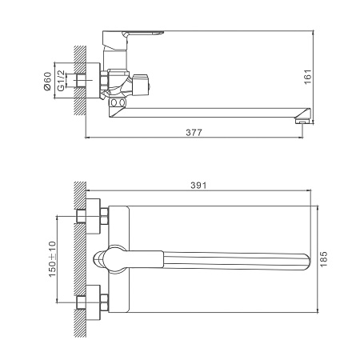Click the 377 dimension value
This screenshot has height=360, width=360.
pos(194,133)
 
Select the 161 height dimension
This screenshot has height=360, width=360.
pos(308,77)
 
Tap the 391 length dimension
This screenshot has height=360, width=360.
pos(198,186)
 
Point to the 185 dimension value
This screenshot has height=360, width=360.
pos(323,259)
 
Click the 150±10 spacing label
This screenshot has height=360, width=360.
pos(53,259)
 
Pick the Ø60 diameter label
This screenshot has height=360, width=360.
pos(48,81)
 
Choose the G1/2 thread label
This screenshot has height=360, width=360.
pos(61,81)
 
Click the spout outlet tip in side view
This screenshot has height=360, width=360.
pos(302,122)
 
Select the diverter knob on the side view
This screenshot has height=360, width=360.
pos(141,83)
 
